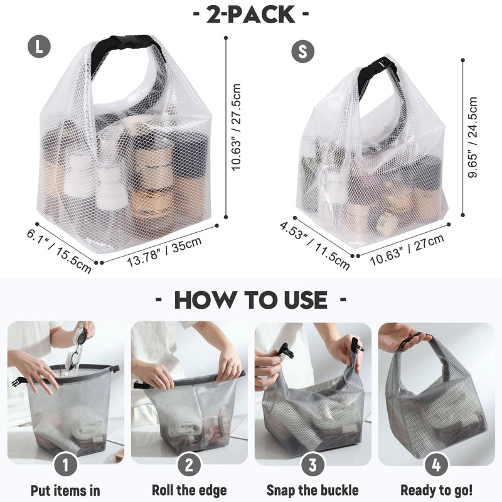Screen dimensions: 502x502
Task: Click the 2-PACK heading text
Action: coord(251,14)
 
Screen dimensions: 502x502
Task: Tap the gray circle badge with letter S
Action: coord(303,51)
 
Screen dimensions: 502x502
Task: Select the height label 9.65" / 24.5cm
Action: coord(474,137)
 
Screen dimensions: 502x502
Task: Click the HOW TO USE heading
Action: coord(251,299)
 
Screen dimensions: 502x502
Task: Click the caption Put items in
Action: coord(66,490)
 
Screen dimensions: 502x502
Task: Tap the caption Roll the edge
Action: coord(190,490)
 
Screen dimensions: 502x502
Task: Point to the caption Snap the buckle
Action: coord(312,490)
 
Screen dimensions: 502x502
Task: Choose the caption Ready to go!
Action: coord(436,490)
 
